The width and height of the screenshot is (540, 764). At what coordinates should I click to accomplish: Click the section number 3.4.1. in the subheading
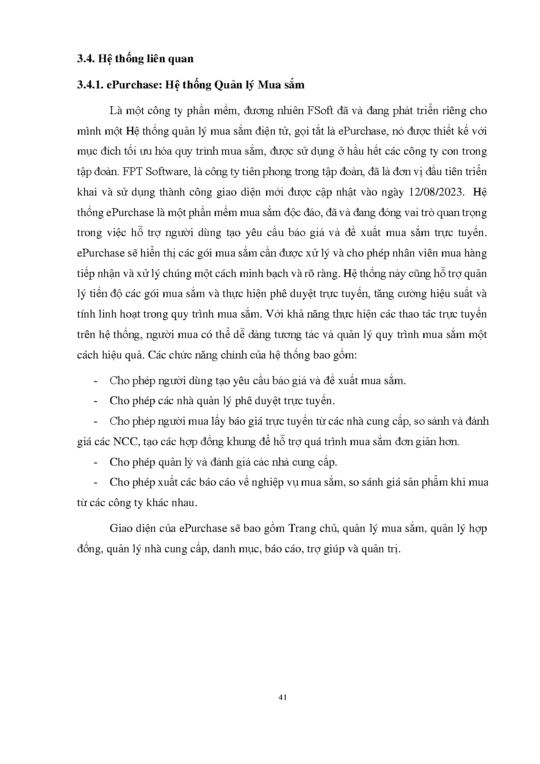tap(90, 85)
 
